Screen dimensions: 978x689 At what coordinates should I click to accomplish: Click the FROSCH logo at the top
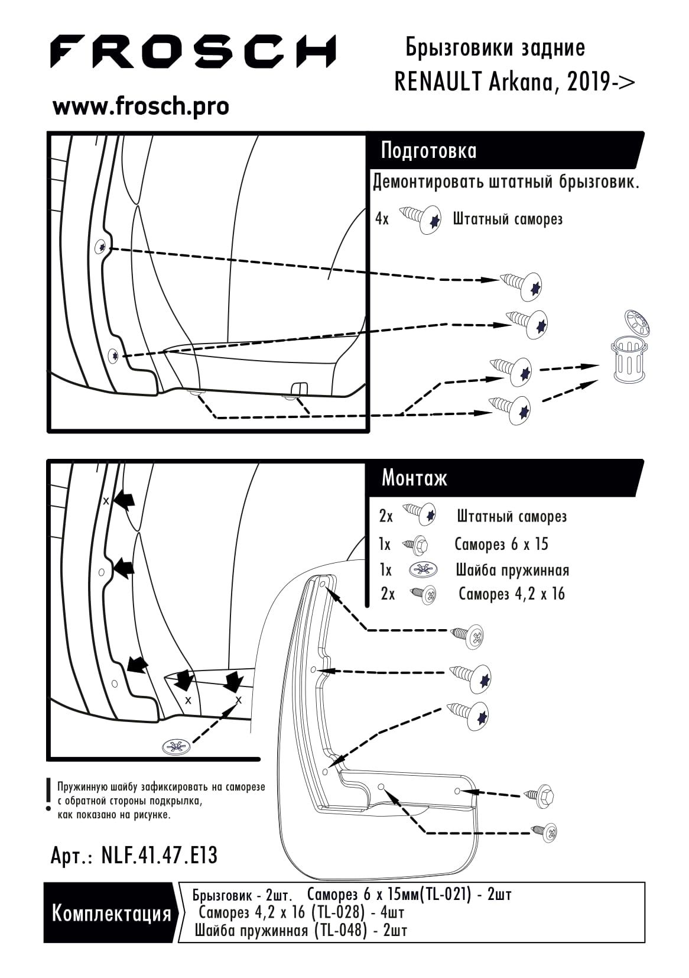point(193,51)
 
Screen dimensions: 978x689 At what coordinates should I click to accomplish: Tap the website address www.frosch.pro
point(141,106)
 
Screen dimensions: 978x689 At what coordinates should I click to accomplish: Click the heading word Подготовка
point(428,151)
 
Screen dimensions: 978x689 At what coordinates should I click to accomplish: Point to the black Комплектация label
point(111,914)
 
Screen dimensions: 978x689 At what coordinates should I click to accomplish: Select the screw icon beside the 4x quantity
point(421,219)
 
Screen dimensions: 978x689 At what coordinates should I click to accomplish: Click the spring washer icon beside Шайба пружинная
point(424,570)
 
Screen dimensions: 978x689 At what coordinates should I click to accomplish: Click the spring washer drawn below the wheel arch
point(177,747)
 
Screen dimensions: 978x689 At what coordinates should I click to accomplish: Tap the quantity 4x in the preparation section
point(382,219)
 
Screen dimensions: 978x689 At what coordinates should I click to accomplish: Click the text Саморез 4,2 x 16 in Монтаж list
point(511,594)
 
